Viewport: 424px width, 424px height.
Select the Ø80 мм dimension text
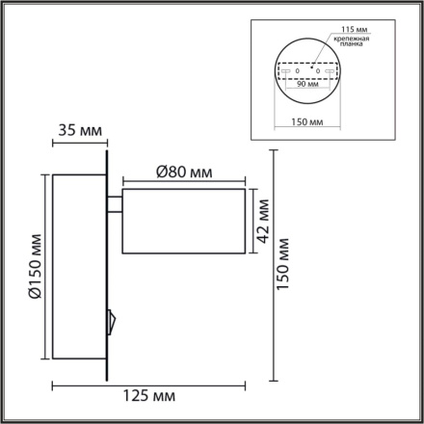[x=183, y=172]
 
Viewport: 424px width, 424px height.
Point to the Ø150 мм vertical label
[x=36, y=272]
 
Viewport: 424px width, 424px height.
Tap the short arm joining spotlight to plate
[x=116, y=202]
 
